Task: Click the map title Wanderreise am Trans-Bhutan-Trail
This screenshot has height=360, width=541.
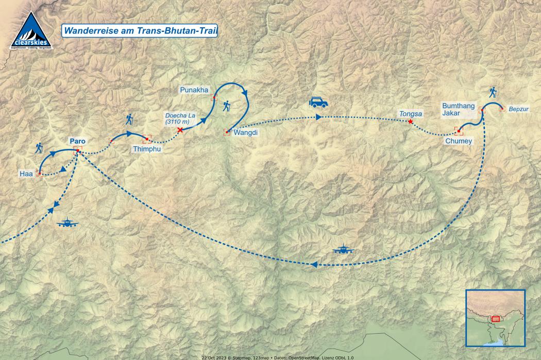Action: click(140, 31)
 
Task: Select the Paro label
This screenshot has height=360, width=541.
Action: click(78, 141)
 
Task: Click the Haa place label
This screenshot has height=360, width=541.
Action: click(26, 175)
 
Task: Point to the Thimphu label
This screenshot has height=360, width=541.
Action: click(147, 149)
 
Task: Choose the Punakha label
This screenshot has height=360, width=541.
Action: click(194, 90)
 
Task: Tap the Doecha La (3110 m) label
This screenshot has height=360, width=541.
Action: click(179, 119)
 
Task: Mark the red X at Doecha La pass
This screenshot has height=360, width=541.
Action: click(180, 130)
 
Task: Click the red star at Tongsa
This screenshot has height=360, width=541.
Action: click(410, 122)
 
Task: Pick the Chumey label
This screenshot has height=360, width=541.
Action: click(459, 141)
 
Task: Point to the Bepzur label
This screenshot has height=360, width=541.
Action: click(519, 109)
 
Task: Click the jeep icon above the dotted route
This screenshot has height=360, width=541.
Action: click(318, 102)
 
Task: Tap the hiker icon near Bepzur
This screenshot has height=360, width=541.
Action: click(493, 92)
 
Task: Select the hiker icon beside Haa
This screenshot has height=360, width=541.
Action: click(39, 148)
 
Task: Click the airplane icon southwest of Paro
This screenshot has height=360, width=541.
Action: click(67, 223)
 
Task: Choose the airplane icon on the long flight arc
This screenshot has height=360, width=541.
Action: click(343, 250)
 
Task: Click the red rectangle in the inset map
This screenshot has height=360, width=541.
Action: click(495, 319)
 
